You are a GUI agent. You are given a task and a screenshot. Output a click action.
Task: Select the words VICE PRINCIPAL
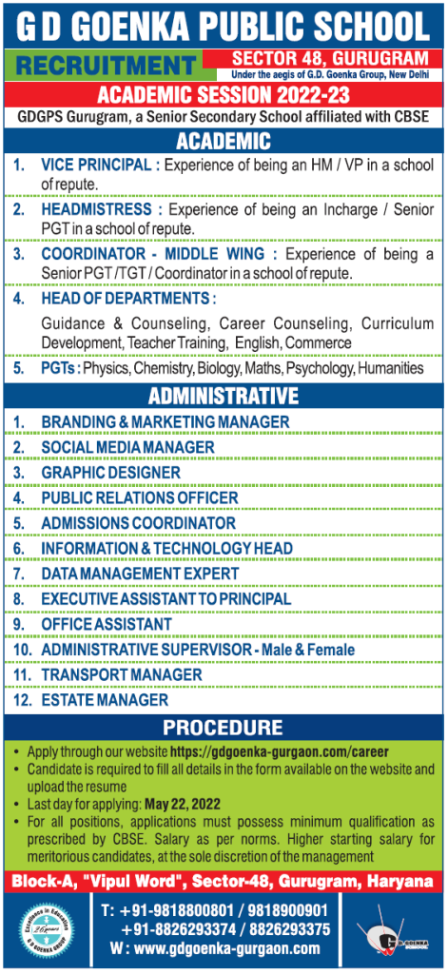click(x=96, y=165)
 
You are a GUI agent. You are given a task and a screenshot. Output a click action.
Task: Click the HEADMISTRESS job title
click(x=96, y=208)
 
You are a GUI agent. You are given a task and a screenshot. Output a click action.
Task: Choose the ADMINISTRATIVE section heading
click(x=224, y=396)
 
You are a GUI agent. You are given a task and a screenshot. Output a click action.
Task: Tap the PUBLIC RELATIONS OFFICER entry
click(x=140, y=497)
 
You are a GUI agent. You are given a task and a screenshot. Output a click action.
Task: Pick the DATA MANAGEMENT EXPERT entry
click(x=140, y=574)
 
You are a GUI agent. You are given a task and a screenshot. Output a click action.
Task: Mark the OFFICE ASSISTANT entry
click(x=107, y=624)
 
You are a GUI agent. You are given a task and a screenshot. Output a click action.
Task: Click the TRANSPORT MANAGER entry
click(x=122, y=674)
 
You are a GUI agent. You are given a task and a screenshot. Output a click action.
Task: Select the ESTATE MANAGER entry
click(x=105, y=700)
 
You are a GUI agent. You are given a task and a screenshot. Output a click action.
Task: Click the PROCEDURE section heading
click(x=224, y=728)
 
